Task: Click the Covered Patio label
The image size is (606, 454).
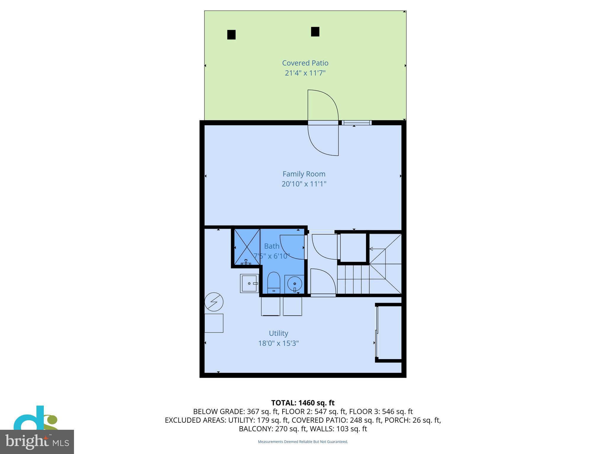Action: [x=305, y=63]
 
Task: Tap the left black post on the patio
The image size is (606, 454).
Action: [x=231, y=35]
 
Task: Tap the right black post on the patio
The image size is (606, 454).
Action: [x=315, y=32]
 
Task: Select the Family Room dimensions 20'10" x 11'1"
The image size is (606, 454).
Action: [x=304, y=184]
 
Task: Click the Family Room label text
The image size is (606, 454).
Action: [x=304, y=174]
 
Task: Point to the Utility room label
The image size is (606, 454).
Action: [x=278, y=333]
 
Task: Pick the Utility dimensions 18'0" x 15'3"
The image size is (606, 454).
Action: [x=278, y=343]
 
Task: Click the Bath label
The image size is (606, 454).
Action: [x=272, y=246]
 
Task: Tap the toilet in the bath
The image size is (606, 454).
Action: [x=274, y=282]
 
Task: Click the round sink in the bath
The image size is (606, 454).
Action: [x=294, y=284]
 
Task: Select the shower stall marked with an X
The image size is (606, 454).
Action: [x=247, y=247]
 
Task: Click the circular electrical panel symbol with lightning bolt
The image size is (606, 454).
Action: [x=214, y=302]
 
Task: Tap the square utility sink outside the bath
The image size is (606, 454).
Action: [x=249, y=283]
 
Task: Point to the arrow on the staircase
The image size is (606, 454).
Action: [x=372, y=249]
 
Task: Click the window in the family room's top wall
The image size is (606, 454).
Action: [x=357, y=123]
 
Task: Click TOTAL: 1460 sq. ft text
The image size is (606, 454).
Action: [x=303, y=403]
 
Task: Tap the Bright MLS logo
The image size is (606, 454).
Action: [x=37, y=442]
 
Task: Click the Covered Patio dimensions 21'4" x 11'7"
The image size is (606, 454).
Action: [x=305, y=73]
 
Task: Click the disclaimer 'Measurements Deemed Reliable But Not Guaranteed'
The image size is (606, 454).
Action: [x=303, y=442]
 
